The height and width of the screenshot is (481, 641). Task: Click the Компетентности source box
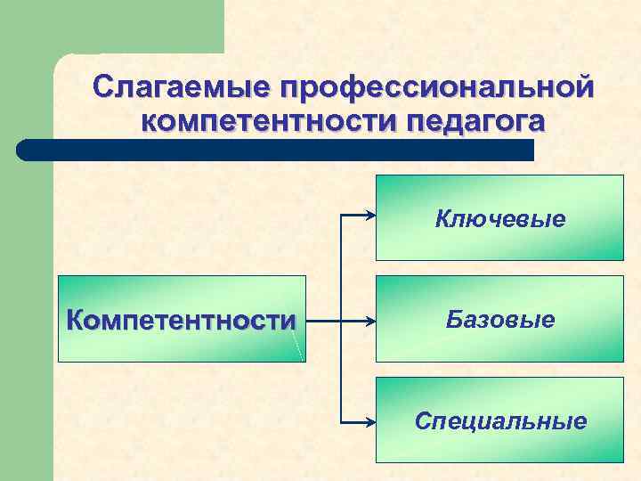tap(182, 318)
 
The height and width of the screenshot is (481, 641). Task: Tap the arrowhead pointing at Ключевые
tap(369, 215)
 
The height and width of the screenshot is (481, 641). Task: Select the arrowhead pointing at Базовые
tap(369, 319)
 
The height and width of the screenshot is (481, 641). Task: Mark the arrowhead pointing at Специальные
tap(369, 420)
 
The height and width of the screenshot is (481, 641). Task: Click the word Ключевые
tap(500, 219)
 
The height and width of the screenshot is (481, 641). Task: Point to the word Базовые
tap(500, 319)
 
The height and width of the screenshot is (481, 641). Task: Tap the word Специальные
tap(500, 420)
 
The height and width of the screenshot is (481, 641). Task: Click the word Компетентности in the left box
tap(182, 320)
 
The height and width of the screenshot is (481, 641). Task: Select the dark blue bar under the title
tap(276, 150)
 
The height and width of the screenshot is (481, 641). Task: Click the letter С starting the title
tap(104, 88)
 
